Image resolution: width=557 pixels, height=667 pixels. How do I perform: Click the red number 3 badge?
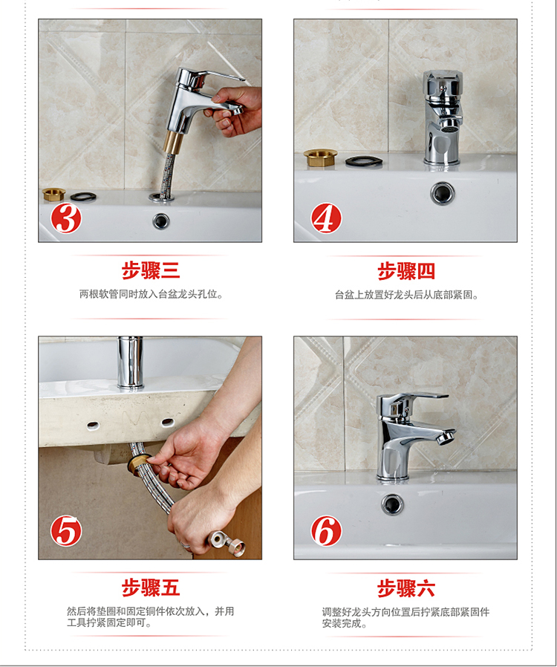coord(66,218)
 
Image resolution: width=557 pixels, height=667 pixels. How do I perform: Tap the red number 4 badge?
coord(326,218)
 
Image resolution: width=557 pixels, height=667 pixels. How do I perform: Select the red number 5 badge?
coord(66,531)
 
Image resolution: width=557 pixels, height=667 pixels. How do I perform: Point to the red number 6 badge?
coord(326,531)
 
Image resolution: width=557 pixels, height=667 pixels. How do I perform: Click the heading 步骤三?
coord(151,270)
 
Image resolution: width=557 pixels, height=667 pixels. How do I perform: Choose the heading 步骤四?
coord(406,271)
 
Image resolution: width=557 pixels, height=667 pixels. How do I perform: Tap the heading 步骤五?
coord(151,588)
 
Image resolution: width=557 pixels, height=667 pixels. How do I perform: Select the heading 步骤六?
coord(406,588)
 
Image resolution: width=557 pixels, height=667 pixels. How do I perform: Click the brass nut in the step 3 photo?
coord(54,195)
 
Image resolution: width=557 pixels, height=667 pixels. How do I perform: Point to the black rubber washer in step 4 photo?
coord(364,161)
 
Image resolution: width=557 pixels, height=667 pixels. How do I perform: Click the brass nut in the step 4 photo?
coord(320,157)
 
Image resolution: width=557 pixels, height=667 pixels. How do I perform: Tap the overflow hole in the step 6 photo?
coord(392,504)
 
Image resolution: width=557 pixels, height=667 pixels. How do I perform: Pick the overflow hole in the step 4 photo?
coord(443,193)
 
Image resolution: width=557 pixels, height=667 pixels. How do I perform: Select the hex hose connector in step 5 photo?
coord(227,543)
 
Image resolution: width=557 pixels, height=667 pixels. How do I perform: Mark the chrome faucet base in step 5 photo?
coord(130,362)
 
